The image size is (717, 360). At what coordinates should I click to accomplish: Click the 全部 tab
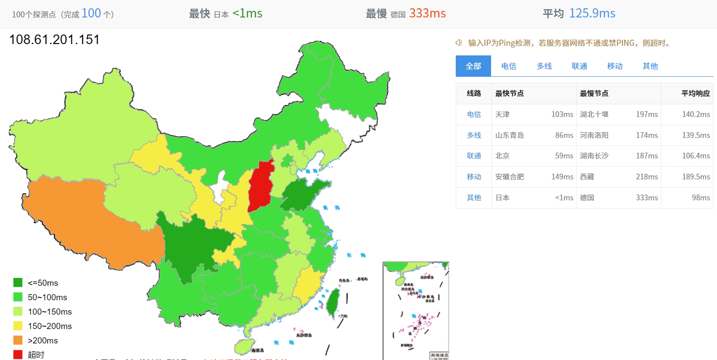point(473,66)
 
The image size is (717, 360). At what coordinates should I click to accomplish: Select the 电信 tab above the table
point(509,66)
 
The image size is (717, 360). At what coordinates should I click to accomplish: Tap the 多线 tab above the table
point(544,66)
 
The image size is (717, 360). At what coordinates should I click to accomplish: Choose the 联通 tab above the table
point(579,66)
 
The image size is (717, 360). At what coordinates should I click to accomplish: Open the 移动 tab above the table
point(615,66)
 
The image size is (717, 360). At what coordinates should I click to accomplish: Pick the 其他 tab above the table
point(650,66)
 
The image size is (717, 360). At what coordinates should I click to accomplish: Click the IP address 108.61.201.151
point(55,40)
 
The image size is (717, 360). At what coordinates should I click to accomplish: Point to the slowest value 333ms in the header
point(427,14)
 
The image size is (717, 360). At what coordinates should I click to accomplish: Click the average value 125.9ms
point(592,14)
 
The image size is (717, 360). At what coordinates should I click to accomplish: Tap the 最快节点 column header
point(509,93)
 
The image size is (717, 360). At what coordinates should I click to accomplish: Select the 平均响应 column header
point(695,93)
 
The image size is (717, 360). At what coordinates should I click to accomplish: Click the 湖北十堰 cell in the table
point(594,114)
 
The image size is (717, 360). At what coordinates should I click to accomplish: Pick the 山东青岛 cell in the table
point(509,135)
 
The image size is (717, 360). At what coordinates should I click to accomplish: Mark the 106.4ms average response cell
point(696,156)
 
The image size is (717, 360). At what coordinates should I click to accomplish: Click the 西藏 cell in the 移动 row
point(587,177)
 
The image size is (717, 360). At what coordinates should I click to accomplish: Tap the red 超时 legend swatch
point(18,354)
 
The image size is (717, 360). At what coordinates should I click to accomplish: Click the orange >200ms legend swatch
point(18,340)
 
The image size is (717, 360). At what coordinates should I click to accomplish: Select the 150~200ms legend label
point(50,326)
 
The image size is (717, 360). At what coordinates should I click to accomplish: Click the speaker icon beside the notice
point(459,43)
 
